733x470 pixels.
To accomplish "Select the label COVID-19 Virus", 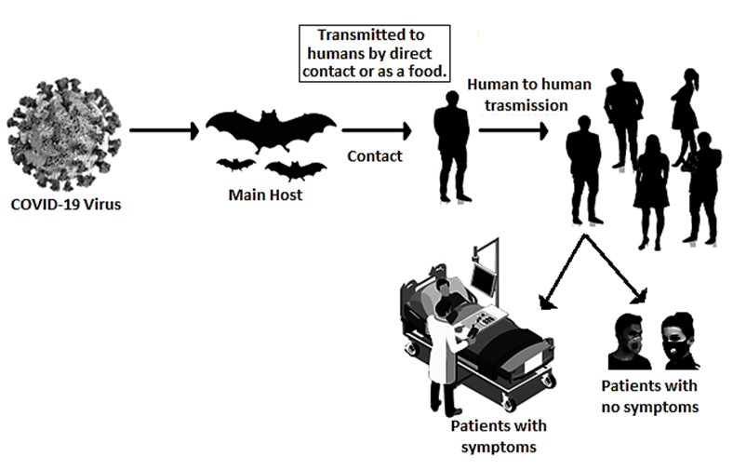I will click(65, 204).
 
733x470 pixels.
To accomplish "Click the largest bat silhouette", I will click(271, 131).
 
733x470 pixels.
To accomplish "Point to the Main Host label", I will click(265, 195).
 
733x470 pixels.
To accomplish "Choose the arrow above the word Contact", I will click(376, 129).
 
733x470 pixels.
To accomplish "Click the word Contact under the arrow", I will click(374, 155).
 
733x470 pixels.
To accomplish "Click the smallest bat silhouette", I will click(236, 166).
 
